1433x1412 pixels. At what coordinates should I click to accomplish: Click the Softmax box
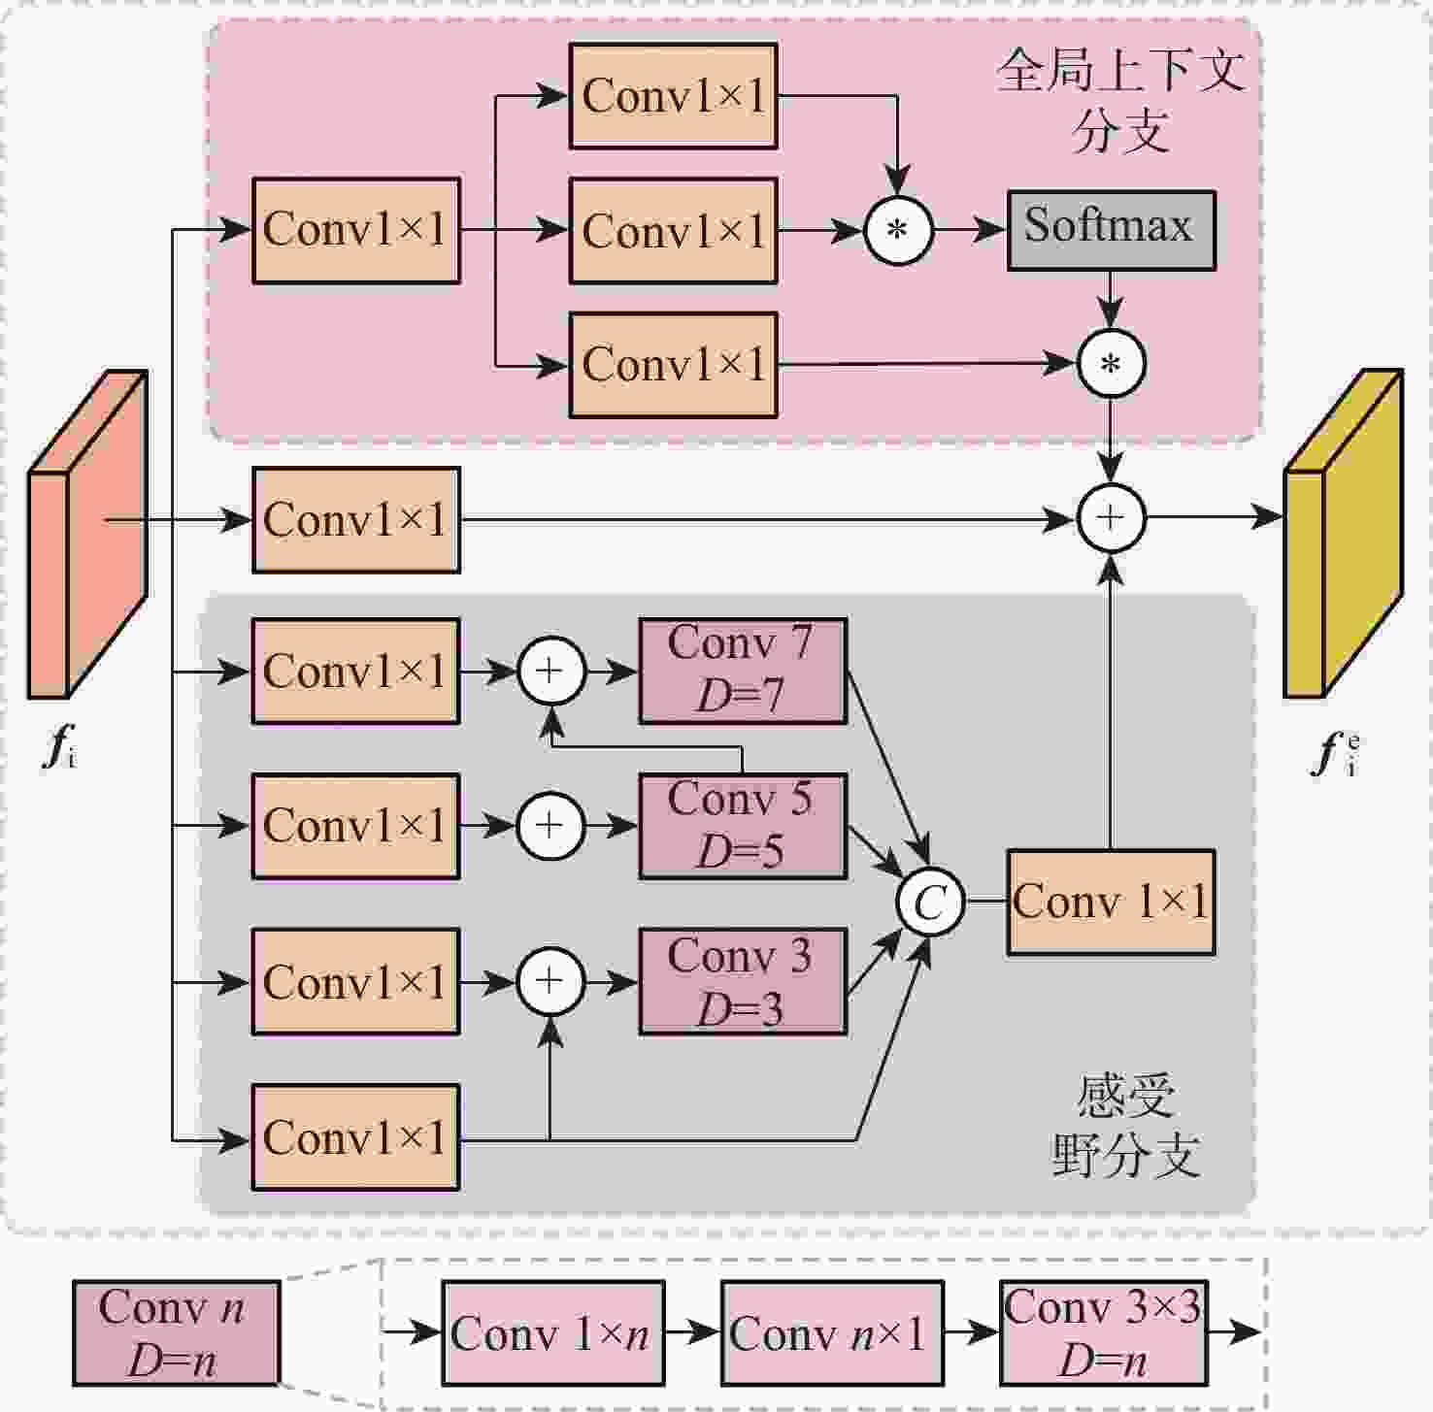pyautogui.click(x=1111, y=230)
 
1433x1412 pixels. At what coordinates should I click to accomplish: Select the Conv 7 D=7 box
pyautogui.click(x=743, y=671)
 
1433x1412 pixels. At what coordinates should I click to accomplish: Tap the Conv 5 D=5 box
pyautogui.click(x=743, y=826)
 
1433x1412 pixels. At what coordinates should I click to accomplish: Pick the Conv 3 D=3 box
pyautogui.click(x=743, y=981)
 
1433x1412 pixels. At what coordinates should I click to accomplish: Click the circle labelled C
pyautogui.click(x=929, y=903)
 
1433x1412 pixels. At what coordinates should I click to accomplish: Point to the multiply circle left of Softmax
pyautogui.click(x=898, y=231)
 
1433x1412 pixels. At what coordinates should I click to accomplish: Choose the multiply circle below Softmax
pyautogui.click(x=1111, y=364)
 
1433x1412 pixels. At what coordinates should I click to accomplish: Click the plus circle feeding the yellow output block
pyautogui.click(x=1111, y=517)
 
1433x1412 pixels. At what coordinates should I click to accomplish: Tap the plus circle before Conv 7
pyautogui.click(x=550, y=671)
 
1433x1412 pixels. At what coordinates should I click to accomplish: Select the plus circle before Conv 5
pyautogui.click(x=550, y=826)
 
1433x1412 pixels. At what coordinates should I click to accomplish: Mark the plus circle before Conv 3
pyautogui.click(x=550, y=981)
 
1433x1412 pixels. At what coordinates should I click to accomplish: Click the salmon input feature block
pyautogui.click(x=87, y=534)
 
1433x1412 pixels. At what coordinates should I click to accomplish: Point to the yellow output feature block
pyautogui.click(x=1343, y=534)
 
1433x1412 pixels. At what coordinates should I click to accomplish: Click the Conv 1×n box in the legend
pyautogui.click(x=552, y=1333)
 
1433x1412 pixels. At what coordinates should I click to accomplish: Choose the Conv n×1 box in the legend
pyautogui.click(x=831, y=1333)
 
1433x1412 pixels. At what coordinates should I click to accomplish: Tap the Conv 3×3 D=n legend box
pyautogui.click(x=1104, y=1333)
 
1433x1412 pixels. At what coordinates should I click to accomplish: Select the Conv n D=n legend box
pyautogui.click(x=176, y=1333)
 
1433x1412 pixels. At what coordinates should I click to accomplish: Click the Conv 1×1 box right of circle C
pyautogui.click(x=1111, y=903)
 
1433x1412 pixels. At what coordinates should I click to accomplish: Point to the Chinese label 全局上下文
pyautogui.click(x=1120, y=72)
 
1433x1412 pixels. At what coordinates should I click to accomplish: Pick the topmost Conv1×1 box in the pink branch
pyautogui.click(x=673, y=96)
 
